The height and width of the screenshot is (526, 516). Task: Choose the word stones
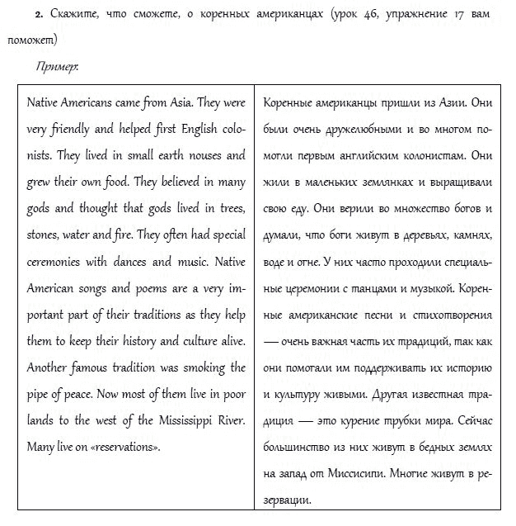point(45,236)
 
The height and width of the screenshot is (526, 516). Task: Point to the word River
point(228,421)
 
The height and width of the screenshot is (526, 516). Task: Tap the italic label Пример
point(57,66)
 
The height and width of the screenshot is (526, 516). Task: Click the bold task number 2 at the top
point(38,16)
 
